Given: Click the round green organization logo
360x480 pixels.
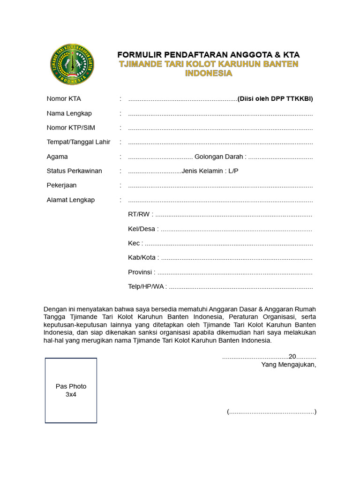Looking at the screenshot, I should coord(72,64).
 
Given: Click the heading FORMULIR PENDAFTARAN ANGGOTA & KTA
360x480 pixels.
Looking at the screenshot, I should coord(209,54).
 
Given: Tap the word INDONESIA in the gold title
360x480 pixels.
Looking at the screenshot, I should coord(209,73).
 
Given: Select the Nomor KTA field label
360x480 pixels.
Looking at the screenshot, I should coord(64,98).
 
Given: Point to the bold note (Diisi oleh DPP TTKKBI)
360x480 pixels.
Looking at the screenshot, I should coord(275,98).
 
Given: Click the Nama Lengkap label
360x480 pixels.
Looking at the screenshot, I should coord(69,113).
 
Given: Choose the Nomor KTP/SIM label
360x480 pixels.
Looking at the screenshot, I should coord(70,127).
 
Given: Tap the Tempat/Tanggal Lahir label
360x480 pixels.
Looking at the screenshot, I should coord(78,142).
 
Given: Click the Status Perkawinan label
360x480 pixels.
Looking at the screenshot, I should coord(74,171).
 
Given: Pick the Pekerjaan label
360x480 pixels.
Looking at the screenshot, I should coord(61,186).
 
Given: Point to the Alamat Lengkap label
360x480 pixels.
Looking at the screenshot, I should coord(70,200).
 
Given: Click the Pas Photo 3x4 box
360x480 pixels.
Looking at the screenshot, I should coord(71,390).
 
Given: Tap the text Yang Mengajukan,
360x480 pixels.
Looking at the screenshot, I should coord(289,365).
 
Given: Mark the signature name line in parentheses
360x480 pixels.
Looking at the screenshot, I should coord(271,412).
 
